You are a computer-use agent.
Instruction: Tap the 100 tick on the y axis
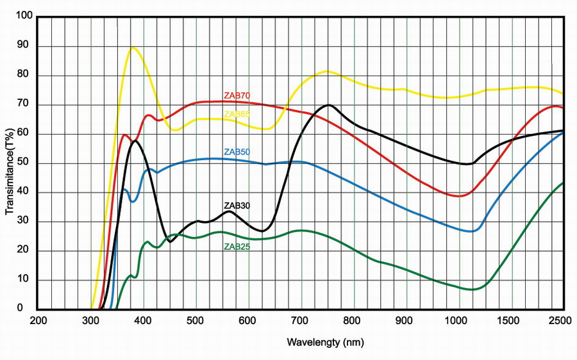click(x=24, y=17)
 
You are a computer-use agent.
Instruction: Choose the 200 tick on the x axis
click(x=38, y=321)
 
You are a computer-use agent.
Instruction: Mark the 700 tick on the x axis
click(x=301, y=321)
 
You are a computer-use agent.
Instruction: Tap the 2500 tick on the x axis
click(x=562, y=321)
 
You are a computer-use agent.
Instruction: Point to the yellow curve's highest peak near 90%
click(x=133, y=47)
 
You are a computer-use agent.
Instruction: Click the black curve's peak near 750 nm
click(x=329, y=105)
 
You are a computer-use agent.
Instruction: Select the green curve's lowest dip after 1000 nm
click(x=472, y=290)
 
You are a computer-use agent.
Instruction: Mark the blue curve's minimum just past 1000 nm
click(x=471, y=231)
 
